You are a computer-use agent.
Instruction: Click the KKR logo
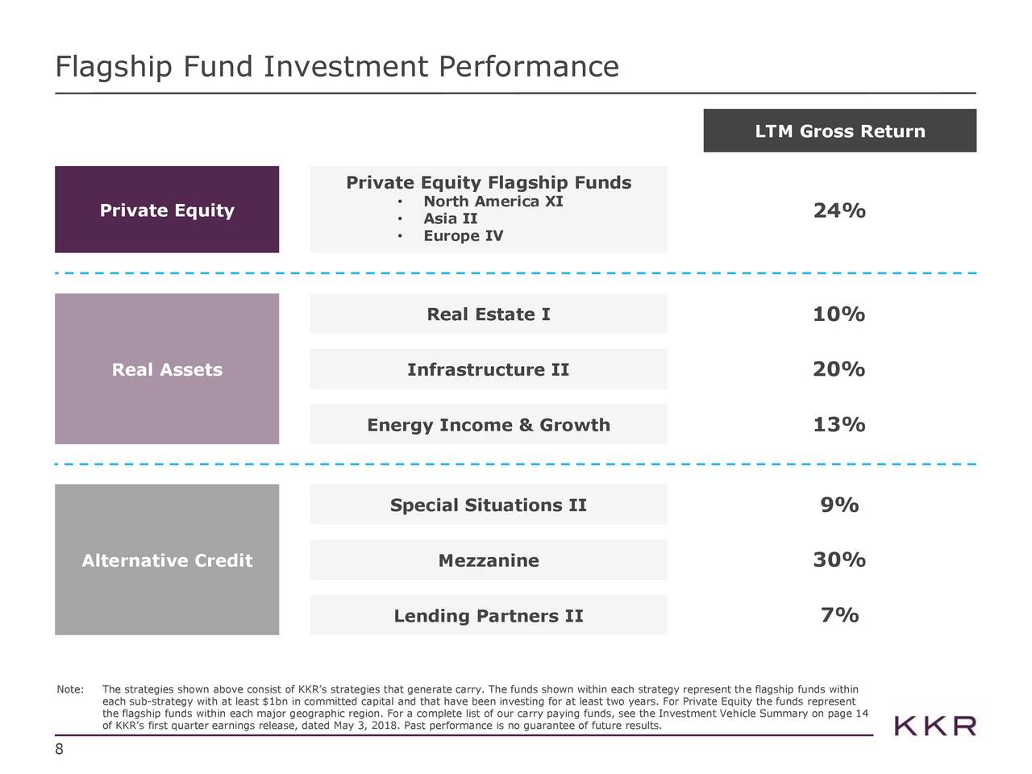[x=935, y=726]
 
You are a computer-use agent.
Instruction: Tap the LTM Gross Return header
[x=839, y=131]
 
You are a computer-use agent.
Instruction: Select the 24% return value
[x=839, y=211]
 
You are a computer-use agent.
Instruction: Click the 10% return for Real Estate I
[x=838, y=314]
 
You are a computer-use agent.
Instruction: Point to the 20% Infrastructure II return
[x=838, y=370]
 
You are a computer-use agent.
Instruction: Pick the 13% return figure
[x=838, y=425]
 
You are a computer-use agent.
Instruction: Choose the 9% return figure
[x=839, y=506]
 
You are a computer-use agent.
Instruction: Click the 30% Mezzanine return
[x=838, y=560]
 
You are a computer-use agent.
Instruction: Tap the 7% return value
[x=839, y=616]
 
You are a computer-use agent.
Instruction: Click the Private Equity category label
[x=167, y=211]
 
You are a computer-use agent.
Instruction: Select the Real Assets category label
[x=167, y=370]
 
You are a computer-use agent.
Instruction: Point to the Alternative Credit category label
[x=167, y=561]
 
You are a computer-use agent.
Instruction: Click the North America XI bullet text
[x=493, y=202]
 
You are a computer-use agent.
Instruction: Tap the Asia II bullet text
[x=451, y=219]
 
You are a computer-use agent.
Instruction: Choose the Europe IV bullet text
[x=463, y=236]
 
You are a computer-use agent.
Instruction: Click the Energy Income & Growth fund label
[x=489, y=426]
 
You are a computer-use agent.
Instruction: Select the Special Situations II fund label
[x=489, y=506]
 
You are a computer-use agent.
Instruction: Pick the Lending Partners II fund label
[x=489, y=617]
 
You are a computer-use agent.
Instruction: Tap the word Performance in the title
[x=529, y=67]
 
